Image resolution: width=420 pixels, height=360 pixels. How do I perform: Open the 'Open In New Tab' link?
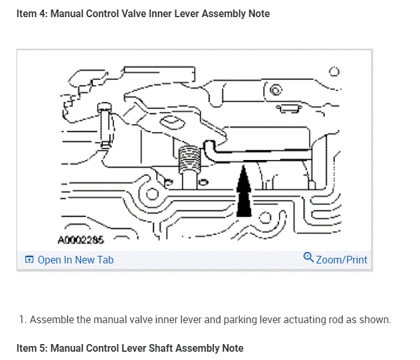point(75,260)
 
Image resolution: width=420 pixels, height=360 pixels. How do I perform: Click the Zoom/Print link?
point(341,259)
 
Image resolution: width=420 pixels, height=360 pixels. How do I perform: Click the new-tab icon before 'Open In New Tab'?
point(29,260)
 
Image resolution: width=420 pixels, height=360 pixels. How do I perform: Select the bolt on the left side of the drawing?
point(104,127)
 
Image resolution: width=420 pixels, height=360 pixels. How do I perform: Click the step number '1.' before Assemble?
point(23,319)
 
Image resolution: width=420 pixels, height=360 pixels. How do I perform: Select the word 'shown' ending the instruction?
point(375,319)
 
